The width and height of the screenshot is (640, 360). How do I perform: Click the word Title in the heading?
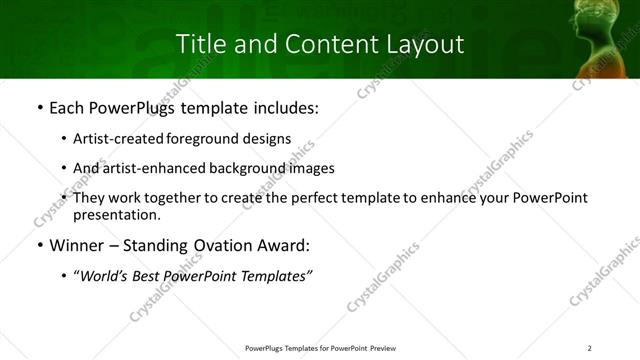coord(199,44)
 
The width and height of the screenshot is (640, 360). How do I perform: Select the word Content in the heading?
coord(322,44)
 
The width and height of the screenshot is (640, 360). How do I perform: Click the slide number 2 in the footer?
coord(589,347)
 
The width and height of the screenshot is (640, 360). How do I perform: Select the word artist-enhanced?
coord(157,168)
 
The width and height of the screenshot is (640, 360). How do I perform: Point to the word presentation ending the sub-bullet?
coord(115,215)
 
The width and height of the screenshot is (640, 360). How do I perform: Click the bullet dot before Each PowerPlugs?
coord(38,108)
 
